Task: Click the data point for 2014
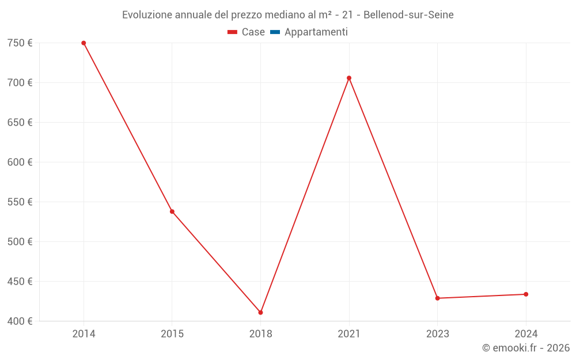click(x=84, y=43)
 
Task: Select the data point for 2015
click(x=172, y=211)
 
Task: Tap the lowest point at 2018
click(x=260, y=312)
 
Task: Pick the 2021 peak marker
click(x=349, y=78)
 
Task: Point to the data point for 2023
click(x=437, y=298)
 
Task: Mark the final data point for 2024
click(x=526, y=294)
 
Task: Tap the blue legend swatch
click(x=275, y=32)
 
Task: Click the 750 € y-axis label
click(x=20, y=43)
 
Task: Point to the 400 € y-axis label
click(x=20, y=321)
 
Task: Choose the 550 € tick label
click(x=20, y=202)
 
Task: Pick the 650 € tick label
click(x=20, y=123)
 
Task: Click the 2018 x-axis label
click(x=260, y=334)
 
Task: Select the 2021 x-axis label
click(x=349, y=334)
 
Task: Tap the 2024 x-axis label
click(x=526, y=334)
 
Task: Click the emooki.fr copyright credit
click(x=526, y=348)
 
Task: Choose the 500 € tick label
click(x=20, y=242)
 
